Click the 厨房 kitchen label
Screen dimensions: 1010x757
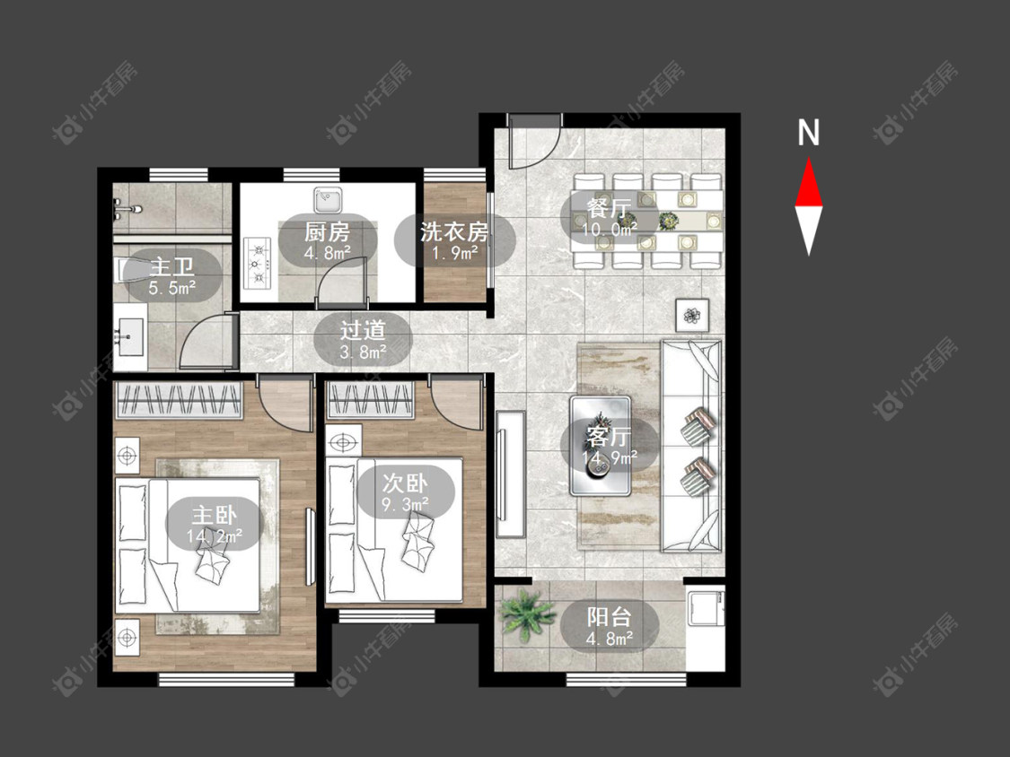(327, 231)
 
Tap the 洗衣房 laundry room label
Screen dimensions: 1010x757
(454, 231)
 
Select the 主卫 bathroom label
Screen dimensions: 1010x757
(172, 266)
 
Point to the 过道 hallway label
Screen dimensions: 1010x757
(363, 330)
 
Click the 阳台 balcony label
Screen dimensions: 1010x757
(610, 617)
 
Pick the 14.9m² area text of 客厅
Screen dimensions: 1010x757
(610, 457)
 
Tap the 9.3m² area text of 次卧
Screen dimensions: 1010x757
(406, 504)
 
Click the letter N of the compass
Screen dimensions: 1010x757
(808, 133)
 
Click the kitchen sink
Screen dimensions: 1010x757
(328, 199)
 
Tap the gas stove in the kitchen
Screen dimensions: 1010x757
(259, 263)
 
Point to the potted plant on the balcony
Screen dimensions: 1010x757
(528, 615)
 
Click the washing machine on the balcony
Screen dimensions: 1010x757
(706, 608)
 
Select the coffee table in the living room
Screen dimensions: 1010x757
(601, 446)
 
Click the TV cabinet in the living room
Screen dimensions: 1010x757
(511, 474)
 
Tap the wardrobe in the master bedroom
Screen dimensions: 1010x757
(179, 401)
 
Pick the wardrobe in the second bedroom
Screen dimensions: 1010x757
(370, 401)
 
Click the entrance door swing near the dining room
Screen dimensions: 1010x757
(532, 142)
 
